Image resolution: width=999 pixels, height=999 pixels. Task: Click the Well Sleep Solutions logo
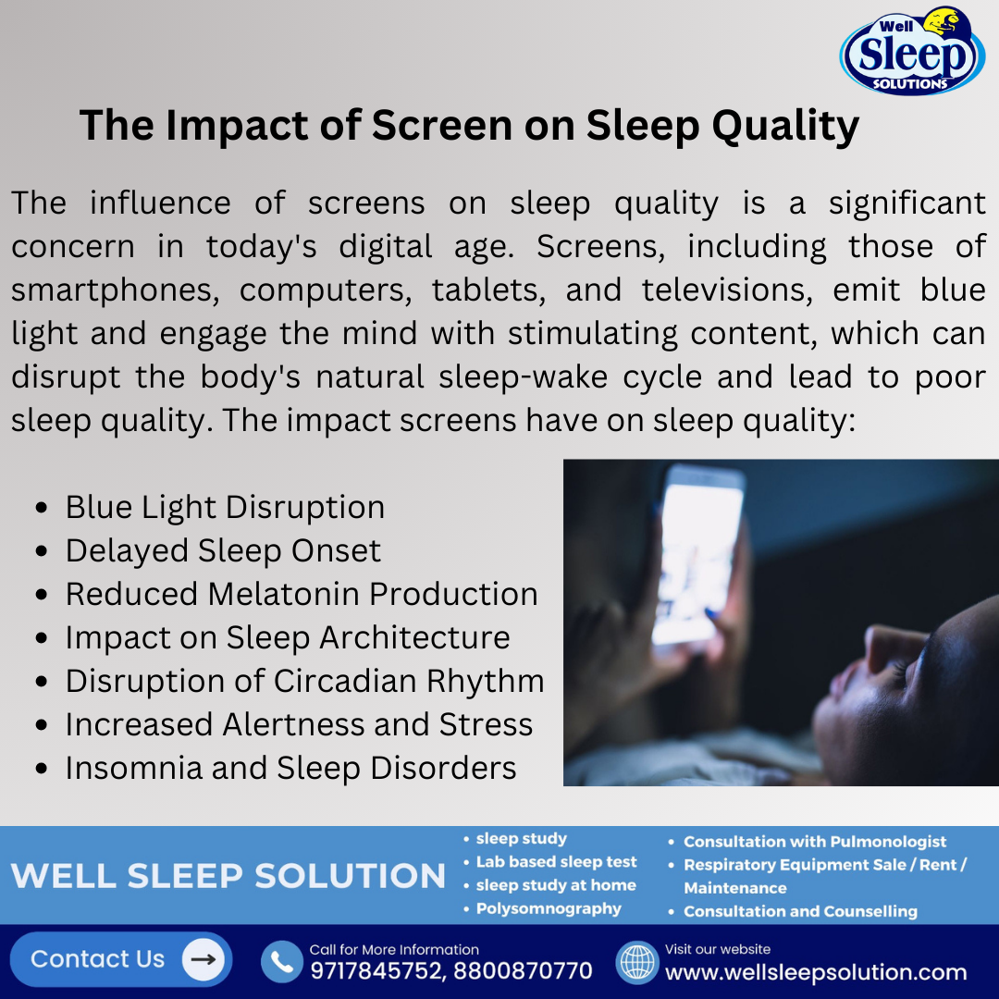coord(911,52)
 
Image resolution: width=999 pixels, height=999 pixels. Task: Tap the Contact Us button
coord(120,959)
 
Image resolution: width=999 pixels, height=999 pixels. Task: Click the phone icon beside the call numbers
coord(281,962)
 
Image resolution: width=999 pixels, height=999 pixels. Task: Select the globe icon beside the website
coord(636,962)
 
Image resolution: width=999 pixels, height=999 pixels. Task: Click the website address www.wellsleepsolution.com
coord(816,972)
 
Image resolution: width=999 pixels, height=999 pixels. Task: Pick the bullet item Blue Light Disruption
coord(225,507)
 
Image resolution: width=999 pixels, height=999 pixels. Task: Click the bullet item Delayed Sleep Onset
coord(223,550)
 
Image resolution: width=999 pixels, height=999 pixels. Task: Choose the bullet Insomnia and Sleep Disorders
coord(290,768)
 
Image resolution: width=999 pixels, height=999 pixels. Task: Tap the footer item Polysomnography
coord(549,908)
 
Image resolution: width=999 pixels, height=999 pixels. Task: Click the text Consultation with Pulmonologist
coord(815,842)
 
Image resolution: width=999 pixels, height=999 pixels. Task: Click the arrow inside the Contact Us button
coord(203,960)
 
